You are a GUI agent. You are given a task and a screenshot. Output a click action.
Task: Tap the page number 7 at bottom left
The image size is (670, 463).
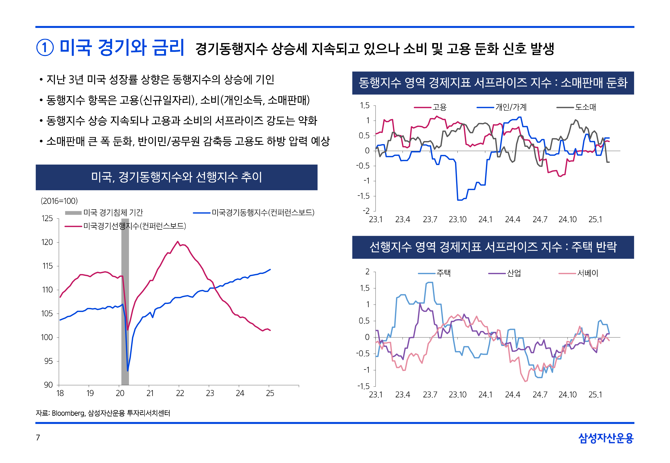[38, 437]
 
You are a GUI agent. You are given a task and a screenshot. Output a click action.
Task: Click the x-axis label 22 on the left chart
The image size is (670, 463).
[180, 393]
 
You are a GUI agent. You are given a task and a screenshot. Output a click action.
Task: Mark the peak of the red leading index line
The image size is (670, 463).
[178, 241]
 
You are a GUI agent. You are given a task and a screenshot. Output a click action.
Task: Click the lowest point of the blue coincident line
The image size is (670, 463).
[128, 370]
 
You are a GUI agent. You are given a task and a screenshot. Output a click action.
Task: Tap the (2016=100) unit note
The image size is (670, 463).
[59, 201]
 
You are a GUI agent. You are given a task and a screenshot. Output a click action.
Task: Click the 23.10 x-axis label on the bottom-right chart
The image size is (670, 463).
[457, 395]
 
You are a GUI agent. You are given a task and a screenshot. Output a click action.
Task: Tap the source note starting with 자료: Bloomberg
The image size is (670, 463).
[103, 413]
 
